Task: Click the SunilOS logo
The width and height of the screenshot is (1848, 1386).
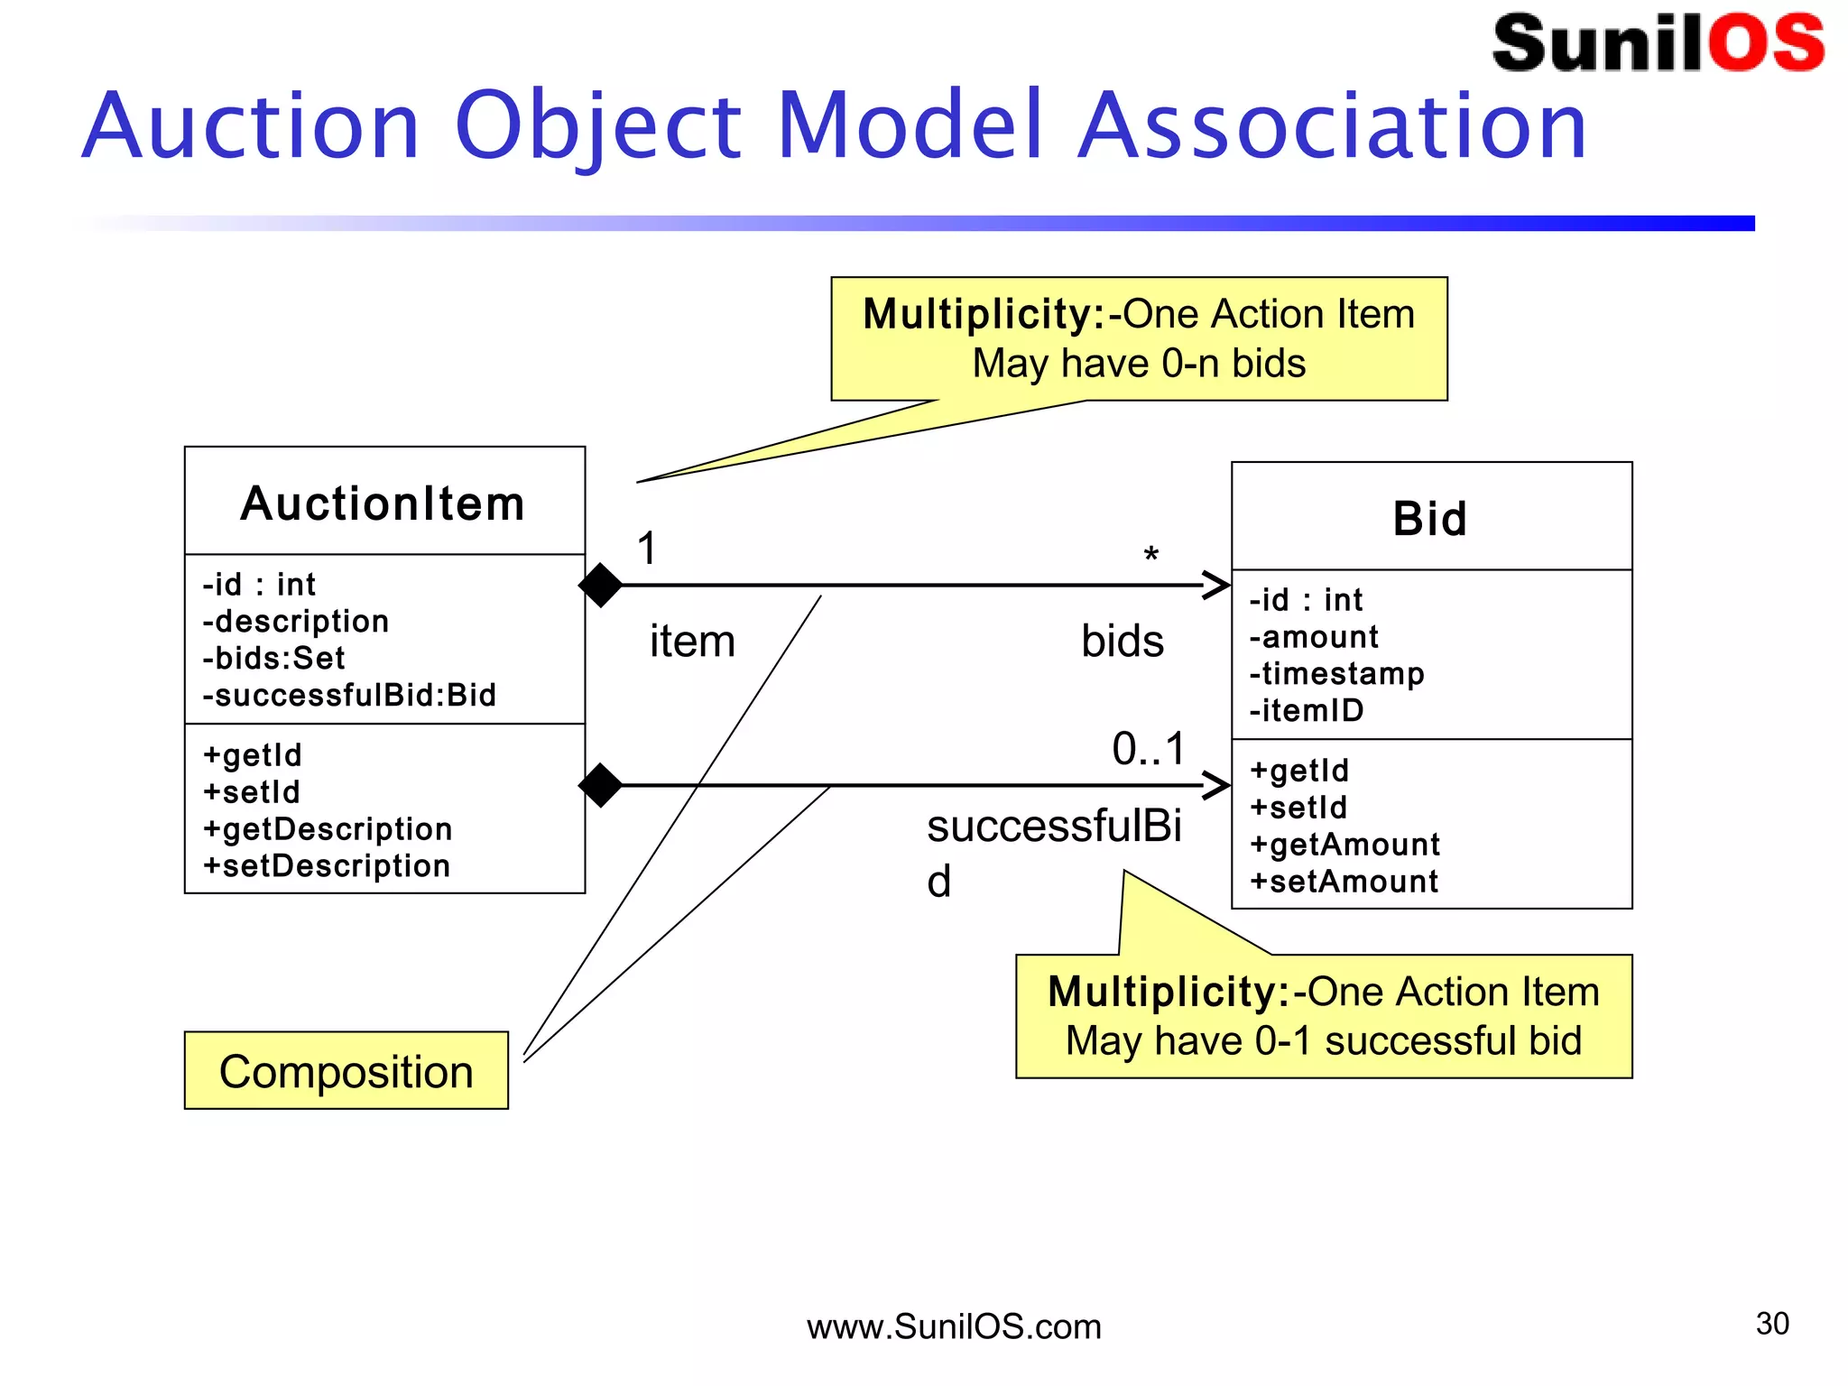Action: [1658, 43]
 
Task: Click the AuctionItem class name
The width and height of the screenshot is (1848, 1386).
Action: [383, 504]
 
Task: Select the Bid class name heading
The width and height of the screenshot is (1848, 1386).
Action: [1430, 519]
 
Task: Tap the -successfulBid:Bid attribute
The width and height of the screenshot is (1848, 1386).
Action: [349, 695]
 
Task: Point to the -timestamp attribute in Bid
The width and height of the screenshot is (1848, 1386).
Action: [1336, 673]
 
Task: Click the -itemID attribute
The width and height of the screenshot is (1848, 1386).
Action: [1306, 710]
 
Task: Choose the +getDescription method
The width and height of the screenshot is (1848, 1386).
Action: [328, 828]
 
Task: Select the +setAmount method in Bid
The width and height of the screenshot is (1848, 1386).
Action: [1344, 881]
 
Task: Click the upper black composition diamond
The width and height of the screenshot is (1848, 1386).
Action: [600, 585]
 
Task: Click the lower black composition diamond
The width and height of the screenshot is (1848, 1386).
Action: [600, 785]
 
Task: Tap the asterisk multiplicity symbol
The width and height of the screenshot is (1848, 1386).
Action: [1150, 555]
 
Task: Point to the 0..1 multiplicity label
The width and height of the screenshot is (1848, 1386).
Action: [1149, 749]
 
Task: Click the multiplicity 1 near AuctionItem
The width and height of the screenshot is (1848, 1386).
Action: [647, 548]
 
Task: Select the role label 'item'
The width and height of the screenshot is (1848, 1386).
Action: [692, 642]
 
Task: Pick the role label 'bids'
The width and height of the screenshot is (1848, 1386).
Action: [1123, 642]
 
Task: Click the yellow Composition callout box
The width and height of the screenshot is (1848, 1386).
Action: [346, 1071]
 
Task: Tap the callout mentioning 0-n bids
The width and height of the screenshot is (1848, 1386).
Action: [1139, 338]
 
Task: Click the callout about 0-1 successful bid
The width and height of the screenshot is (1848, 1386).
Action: [1324, 1016]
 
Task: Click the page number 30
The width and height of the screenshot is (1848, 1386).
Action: [1772, 1324]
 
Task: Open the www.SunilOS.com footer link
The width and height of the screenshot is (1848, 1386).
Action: [954, 1326]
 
